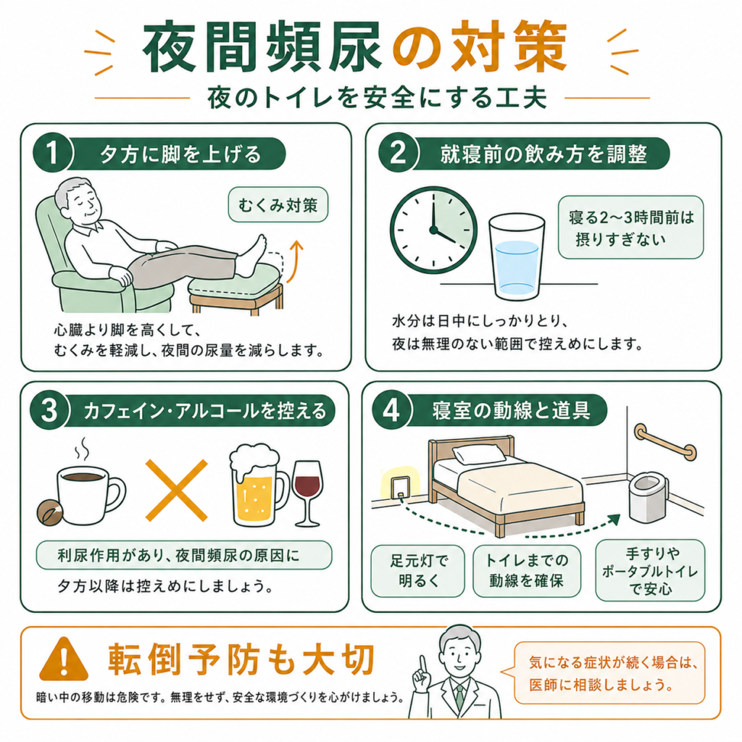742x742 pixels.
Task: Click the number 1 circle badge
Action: pyautogui.click(x=52, y=154)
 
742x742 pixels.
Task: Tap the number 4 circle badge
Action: pyautogui.click(x=391, y=410)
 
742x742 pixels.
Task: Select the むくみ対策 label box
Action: pyautogui.click(x=278, y=205)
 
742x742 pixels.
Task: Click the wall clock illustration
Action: pyautogui.click(x=433, y=230)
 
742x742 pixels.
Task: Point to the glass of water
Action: pyautogui.click(x=517, y=257)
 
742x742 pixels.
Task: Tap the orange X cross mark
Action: pyautogui.click(x=177, y=491)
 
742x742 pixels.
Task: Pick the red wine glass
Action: pyautogui.click(x=307, y=493)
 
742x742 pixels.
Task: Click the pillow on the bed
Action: pyautogui.click(x=479, y=454)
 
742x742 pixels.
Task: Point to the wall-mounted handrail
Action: pyautogui.click(x=665, y=442)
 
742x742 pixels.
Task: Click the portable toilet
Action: pyautogui.click(x=649, y=497)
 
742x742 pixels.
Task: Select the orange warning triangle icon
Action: pyautogui.click(x=64, y=659)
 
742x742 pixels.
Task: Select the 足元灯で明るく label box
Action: pyautogui.click(x=417, y=571)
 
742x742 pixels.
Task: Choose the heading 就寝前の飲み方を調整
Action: pyautogui.click(x=543, y=154)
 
